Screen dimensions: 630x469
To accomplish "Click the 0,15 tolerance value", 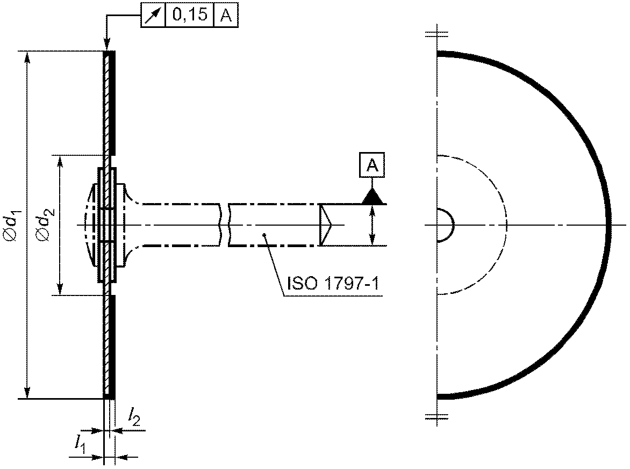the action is tap(190, 15).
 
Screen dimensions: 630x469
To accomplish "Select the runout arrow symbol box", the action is tap(153, 15).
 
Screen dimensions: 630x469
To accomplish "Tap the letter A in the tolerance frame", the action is tap(227, 16).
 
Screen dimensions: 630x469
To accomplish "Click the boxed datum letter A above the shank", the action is tap(373, 165).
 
